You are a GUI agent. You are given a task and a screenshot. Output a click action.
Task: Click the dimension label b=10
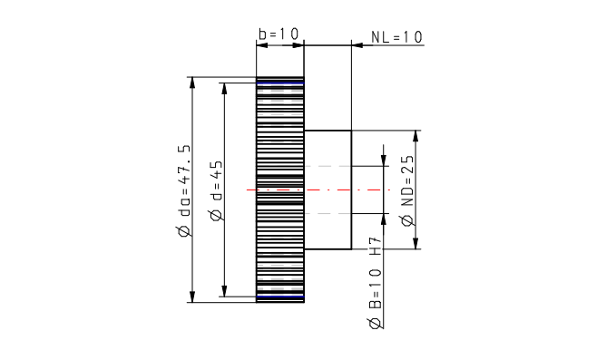pyautogui.click(x=279, y=34)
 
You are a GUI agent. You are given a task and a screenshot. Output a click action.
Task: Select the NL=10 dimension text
pyautogui.click(x=396, y=37)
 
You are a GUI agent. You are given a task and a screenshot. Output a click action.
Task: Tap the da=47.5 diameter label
pyautogui.click(x=184, y=190)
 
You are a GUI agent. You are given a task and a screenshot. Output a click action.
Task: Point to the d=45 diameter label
pyautogui.click(x=217, y=190)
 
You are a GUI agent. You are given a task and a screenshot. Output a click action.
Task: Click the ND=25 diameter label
pyautogui.click(x=407, y=190)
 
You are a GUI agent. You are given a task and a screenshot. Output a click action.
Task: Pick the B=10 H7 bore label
pyautogui.click(x=375, y=283)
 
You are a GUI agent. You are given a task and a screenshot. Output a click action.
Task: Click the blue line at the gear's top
pyautogui.click(x=280, y=83)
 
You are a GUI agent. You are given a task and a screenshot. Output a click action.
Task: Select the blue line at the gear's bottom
pyautogui.click(x=280, y=297)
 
